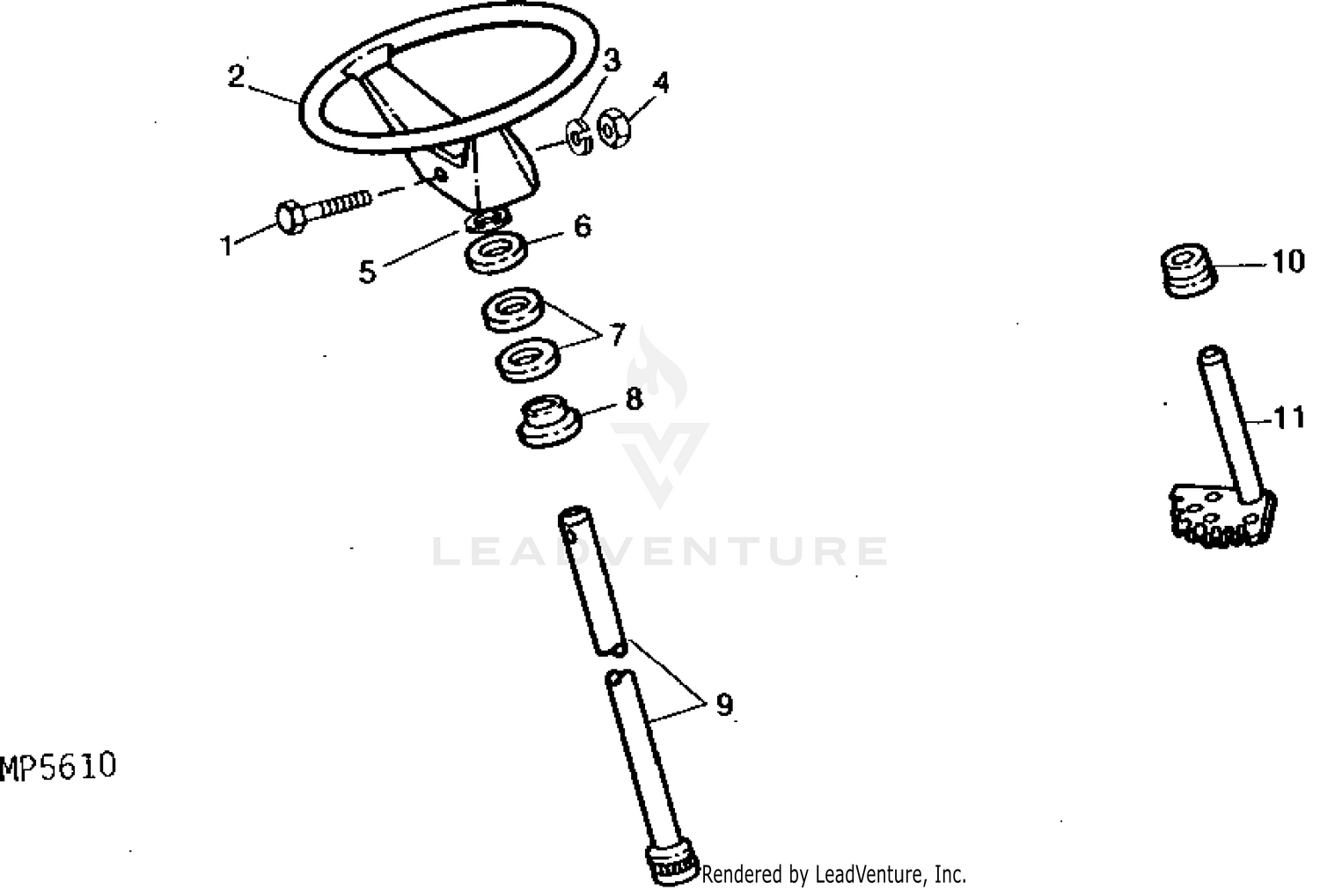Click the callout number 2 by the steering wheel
tap(237, 77)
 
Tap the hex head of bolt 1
tap(290, 217)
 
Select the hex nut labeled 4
tap(614, 128)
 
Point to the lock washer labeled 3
tap(580, 137)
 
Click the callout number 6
tap(583, 227)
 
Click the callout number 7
tap(617, 334)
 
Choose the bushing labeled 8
tap(549, 421)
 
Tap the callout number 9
tap(724, 704)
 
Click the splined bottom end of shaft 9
tap(673, 864)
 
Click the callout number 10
tap(1288, 262)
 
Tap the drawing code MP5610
tap(58, 767)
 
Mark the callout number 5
tap(367, 272)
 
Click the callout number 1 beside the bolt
tap(227, 245)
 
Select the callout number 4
tap(661, 83)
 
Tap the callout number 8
tap(634, 399)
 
